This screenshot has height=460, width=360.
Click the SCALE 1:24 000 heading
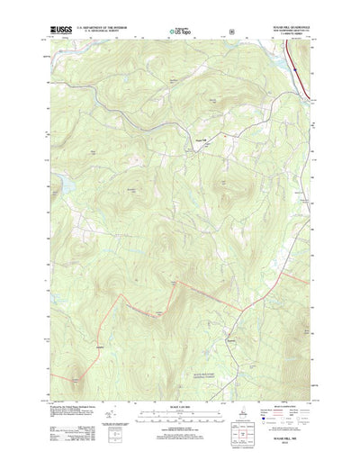179,401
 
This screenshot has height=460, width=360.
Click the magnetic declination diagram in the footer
111,416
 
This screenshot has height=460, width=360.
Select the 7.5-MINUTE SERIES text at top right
281,39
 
